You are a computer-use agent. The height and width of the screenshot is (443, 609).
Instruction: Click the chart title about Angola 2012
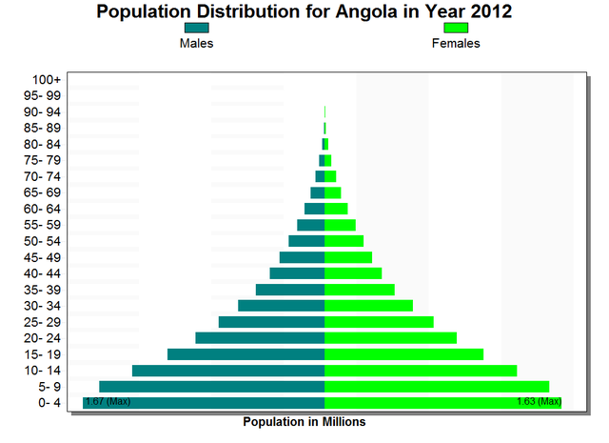click(304, 12)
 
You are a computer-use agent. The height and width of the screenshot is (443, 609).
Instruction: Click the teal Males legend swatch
click(197, 30)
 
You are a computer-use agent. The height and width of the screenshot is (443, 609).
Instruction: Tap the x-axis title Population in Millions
click(304, 421)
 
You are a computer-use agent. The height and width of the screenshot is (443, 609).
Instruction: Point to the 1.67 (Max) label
click(108, 402)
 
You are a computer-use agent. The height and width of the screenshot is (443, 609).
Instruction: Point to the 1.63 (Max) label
click(539, 402)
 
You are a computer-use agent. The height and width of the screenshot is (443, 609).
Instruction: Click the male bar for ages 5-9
click(212, 386)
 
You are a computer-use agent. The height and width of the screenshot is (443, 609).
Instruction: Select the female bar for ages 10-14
click(421, 371)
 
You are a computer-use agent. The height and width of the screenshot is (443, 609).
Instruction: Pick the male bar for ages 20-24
click(260, 338)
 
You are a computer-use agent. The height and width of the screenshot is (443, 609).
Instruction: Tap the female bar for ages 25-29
click(379, 322)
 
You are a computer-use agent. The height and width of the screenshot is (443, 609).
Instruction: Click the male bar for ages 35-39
click(290, 290)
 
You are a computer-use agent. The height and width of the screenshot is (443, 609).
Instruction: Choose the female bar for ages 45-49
click(348, 257)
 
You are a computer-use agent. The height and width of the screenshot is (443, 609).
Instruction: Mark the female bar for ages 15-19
click(403, 354)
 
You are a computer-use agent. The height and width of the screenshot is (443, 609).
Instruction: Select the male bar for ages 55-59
click(310, 225)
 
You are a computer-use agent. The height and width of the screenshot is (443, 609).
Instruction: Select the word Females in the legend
click(456, 44)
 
